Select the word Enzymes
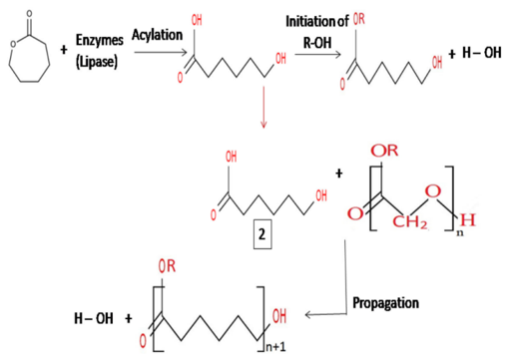[x=106, y=42]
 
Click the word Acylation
[x=157, y=37]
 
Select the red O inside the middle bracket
[x=430, y=189]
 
